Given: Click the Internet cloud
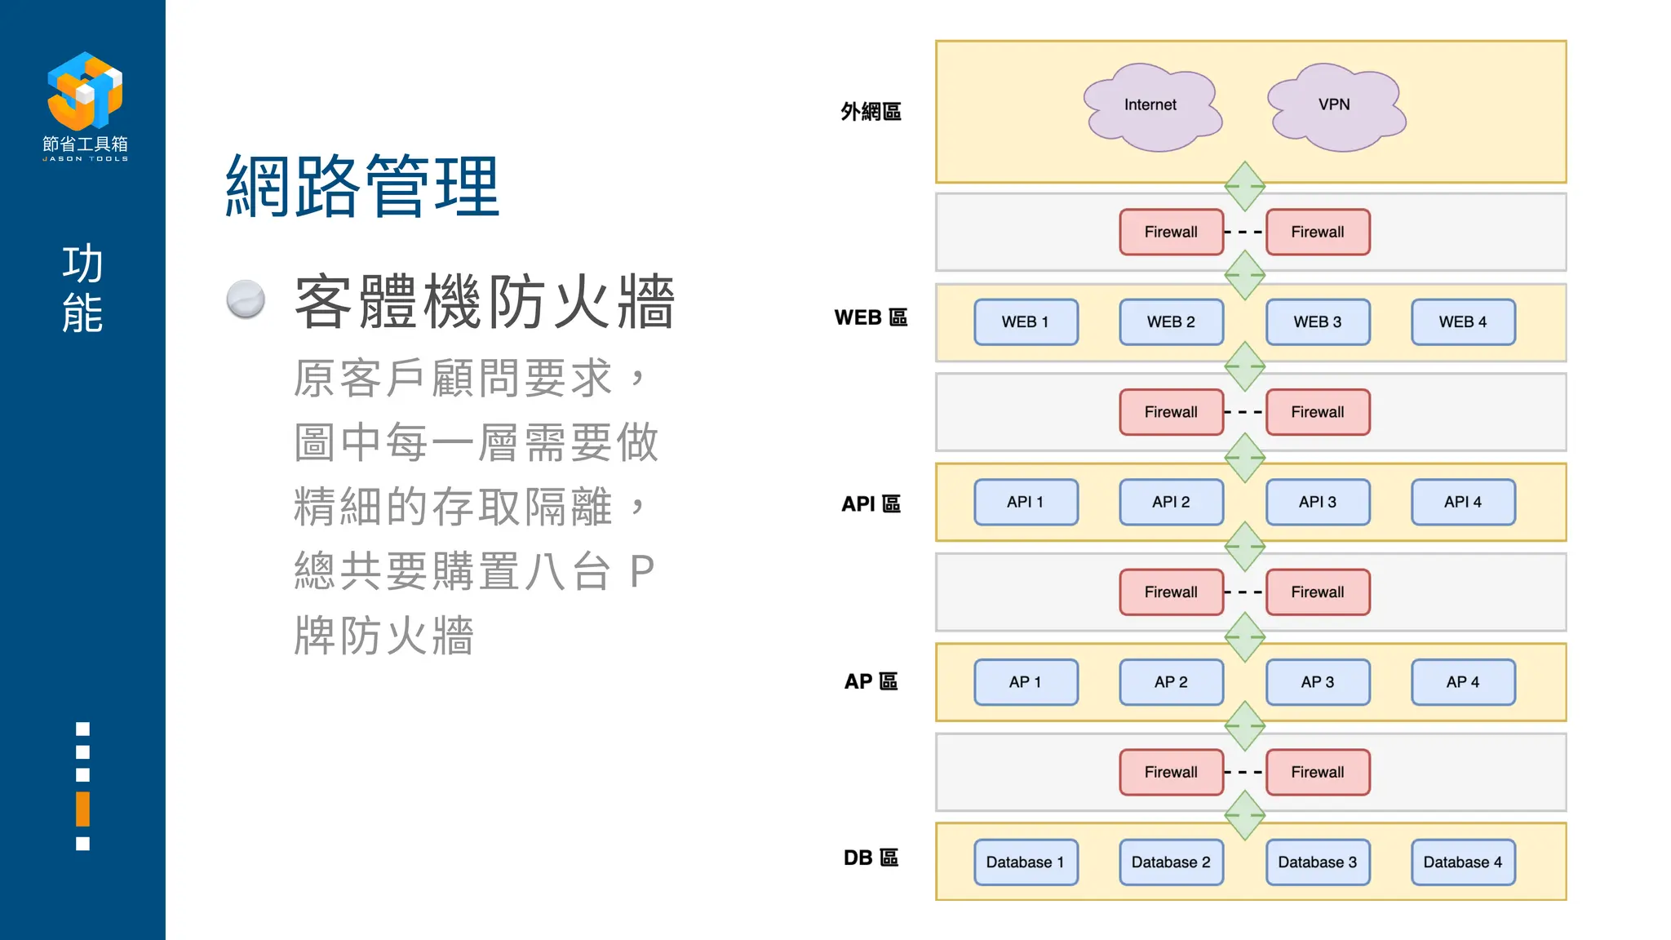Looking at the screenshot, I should point(1151,106).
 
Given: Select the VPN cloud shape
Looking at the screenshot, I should point(1335,106).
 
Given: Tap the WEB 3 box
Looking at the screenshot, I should point(1317,322).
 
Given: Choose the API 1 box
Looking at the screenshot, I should point(1026,502).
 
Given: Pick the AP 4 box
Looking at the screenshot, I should point(1463,682).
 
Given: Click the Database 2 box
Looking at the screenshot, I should point(1171,862).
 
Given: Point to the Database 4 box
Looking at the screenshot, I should point(1463,862).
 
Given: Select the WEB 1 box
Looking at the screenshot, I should point(1026,322).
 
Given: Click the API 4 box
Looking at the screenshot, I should point(1463,502).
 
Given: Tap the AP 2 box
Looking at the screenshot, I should point(1171,682).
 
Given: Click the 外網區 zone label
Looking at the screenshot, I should point(871,112).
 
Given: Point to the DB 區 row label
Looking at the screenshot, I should point(871,858).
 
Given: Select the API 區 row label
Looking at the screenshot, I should point(871,504).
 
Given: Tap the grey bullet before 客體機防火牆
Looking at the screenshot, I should point(246,299).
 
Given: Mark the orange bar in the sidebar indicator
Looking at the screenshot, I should point(82,809).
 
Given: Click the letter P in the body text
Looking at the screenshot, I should point(642,571).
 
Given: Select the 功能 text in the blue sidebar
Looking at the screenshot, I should point(82,288).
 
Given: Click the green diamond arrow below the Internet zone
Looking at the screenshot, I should point(1244,186).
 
